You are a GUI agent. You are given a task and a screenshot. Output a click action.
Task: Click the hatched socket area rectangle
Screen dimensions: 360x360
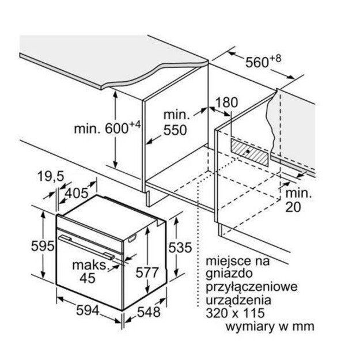pos(249,151)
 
